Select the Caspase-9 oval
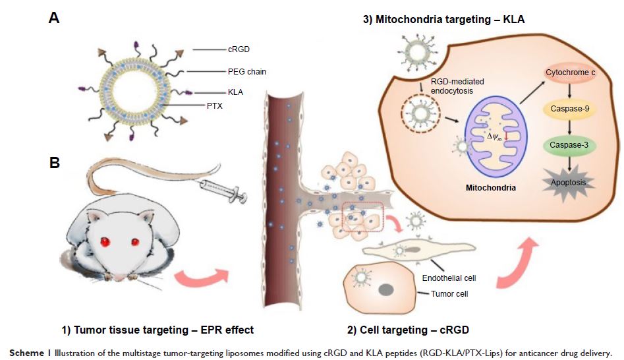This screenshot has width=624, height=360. click(x=569, y=109)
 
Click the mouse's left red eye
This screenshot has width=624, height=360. click(x=105, y=243)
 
